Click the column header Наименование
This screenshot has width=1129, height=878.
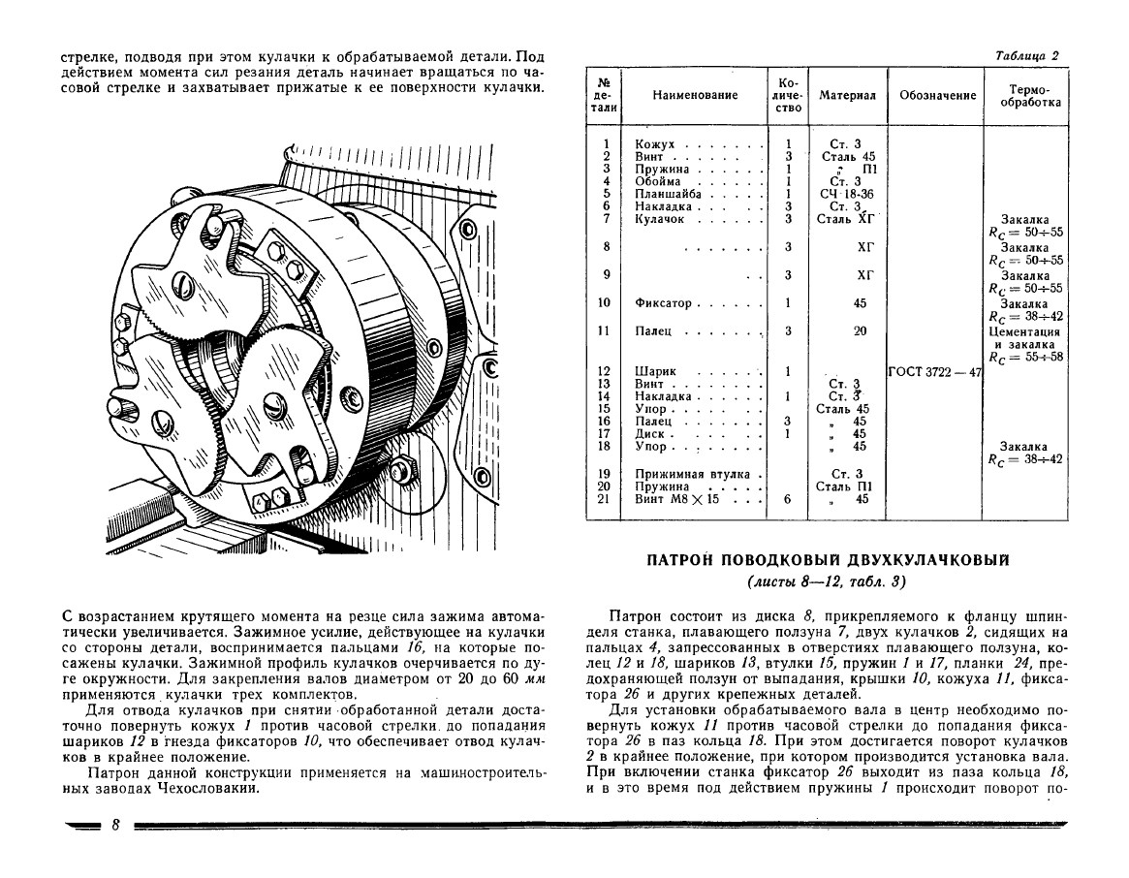(696, 96)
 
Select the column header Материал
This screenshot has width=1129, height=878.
(847, 96)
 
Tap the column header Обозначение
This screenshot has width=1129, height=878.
(936, 96)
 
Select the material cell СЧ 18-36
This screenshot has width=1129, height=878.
(846, 194)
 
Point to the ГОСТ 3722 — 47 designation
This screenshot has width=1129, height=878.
(935, 371)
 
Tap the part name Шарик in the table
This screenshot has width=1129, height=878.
(655, 371)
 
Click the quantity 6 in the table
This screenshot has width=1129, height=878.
(789, 499)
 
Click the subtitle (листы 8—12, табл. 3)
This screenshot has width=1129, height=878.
(828, 582)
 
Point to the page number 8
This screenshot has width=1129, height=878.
(114, 826)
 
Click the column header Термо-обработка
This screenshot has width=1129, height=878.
(1023, 96)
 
